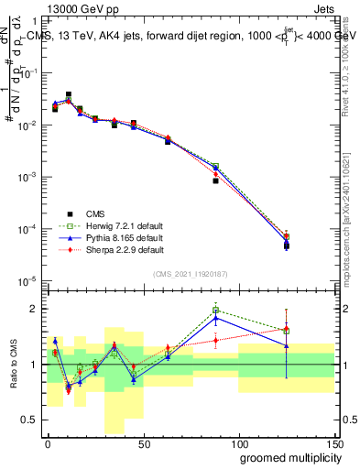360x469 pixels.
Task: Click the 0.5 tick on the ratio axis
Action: tap(31, 420)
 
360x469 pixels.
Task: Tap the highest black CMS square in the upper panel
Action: tap(69, 94)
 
